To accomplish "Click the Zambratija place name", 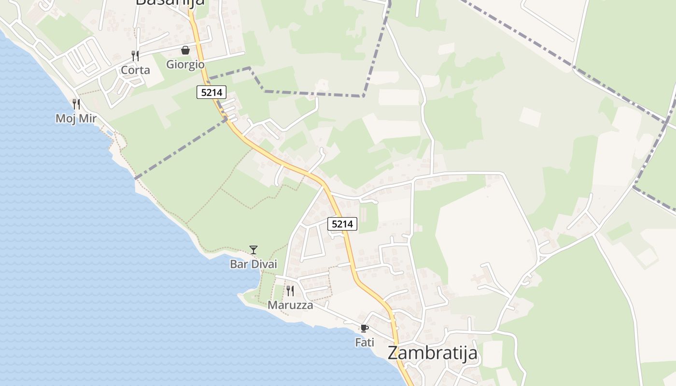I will (x=432, y=353).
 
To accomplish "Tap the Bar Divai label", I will (x=253, y=264).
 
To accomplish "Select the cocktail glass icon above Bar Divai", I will (x=253, y=249).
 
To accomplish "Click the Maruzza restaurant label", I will (x=290, y=305).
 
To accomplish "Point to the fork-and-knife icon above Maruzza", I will (x=290, y=290).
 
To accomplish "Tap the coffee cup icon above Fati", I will (x=365, y=329).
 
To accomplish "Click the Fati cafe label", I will (x=365, y=343).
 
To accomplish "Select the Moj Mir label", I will (x=76, y=119).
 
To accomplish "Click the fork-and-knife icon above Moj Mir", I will (x=76, y=104).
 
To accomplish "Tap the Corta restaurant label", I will (x=135, y=70).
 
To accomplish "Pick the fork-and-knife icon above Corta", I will (x=135, y=55).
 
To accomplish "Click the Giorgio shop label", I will (x=185, y=64).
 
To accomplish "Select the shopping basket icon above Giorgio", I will (x=185, y=50).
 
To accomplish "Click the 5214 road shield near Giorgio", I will (x=211, y=92).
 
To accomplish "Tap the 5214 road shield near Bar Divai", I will (x=342, y=224).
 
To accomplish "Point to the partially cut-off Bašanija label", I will (x=170, y=2).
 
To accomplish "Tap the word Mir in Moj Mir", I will (x=87, y=119).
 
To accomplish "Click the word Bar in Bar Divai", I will (x=238, y=264).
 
